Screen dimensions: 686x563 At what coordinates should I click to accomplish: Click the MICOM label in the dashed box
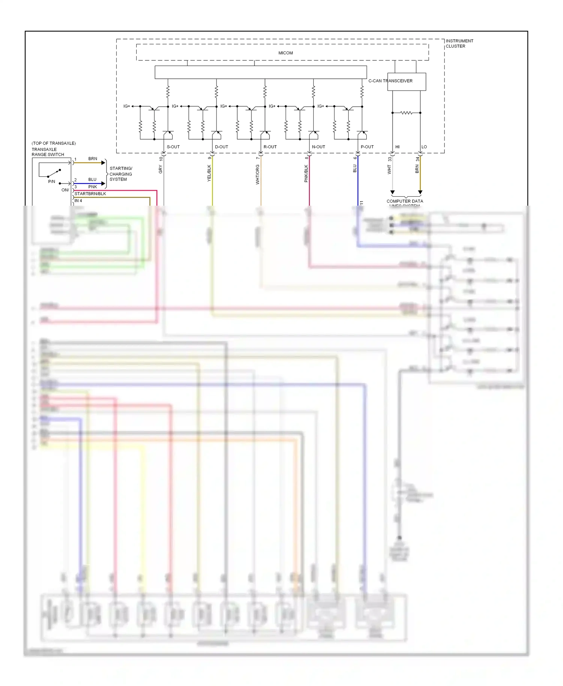coord(285,53)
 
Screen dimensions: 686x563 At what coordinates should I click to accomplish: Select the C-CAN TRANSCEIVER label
coord(390,81)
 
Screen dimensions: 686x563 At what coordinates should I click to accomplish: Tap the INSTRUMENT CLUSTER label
coord(459,44)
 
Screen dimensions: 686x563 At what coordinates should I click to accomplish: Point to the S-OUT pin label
coord(173,147)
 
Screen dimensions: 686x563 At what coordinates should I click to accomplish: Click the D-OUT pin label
coord(221,147)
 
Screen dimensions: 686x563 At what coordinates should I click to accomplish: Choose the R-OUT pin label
coord(270,147)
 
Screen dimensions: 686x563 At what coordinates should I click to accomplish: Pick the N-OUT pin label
coord(318,147)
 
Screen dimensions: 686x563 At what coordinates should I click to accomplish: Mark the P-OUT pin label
coord(367,147)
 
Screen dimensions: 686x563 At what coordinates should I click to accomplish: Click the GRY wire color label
coord(160,170)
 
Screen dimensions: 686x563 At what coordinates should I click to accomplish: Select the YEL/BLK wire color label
coord(209,173)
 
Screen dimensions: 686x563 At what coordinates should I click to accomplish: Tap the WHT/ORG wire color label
coord(257,175)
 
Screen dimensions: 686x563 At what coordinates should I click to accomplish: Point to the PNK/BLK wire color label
coord(306,174)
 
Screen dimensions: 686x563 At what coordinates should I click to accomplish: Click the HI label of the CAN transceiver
coord(397,147)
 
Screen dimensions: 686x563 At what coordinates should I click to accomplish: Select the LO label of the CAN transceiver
coord(424,147)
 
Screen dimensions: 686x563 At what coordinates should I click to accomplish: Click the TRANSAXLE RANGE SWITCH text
coord(48,152)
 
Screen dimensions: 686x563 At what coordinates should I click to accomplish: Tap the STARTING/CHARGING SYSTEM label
coord(120,174)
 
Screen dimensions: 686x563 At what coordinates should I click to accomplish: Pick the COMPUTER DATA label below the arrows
coord(405,201)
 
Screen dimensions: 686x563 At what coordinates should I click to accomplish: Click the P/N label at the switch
coord(52,182)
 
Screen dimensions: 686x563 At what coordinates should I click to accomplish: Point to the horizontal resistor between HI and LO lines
coord(406,113)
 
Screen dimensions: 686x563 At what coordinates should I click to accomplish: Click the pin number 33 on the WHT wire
coord(390,159)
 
